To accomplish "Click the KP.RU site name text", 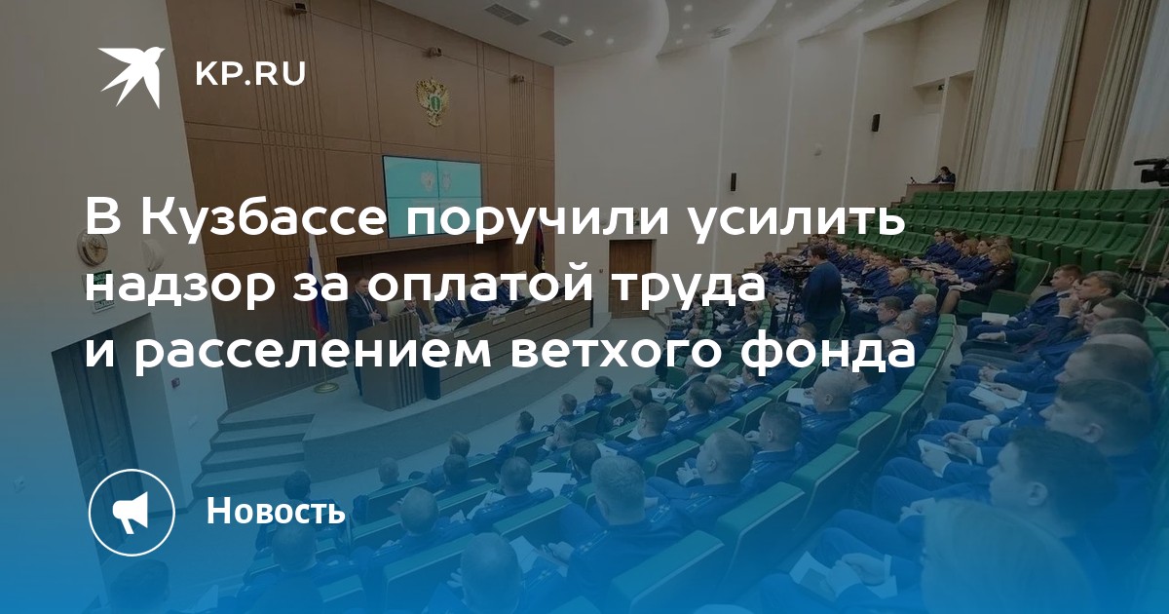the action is (x=250, y=74).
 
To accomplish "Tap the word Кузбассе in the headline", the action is (x=265, y=218).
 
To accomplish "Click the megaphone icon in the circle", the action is (x=132, y=512).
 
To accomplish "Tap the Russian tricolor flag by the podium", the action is (x=320, y=291).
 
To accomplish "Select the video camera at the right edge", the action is (x=1152, y=171).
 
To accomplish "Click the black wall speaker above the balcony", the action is (x=875, y=122).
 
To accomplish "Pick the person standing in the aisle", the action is (x=820, y=293).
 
